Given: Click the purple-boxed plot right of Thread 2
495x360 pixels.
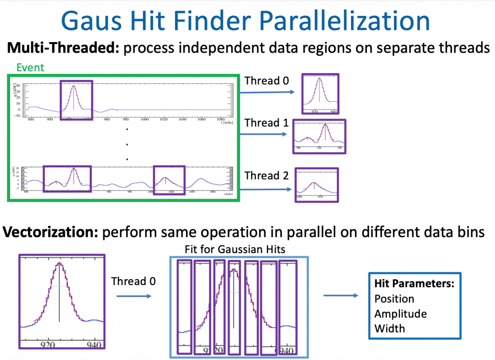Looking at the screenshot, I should (317, 184).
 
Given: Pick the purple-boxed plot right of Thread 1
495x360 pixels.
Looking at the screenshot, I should (320, 136).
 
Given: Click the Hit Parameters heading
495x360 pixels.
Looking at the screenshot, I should (414, 284).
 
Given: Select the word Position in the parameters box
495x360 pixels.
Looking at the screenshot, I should (394, 299).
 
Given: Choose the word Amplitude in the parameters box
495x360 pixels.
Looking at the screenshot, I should (400, 314).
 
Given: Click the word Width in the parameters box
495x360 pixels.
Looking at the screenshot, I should (389, 329).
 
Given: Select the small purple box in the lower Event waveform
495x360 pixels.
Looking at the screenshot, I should (169, 180).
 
